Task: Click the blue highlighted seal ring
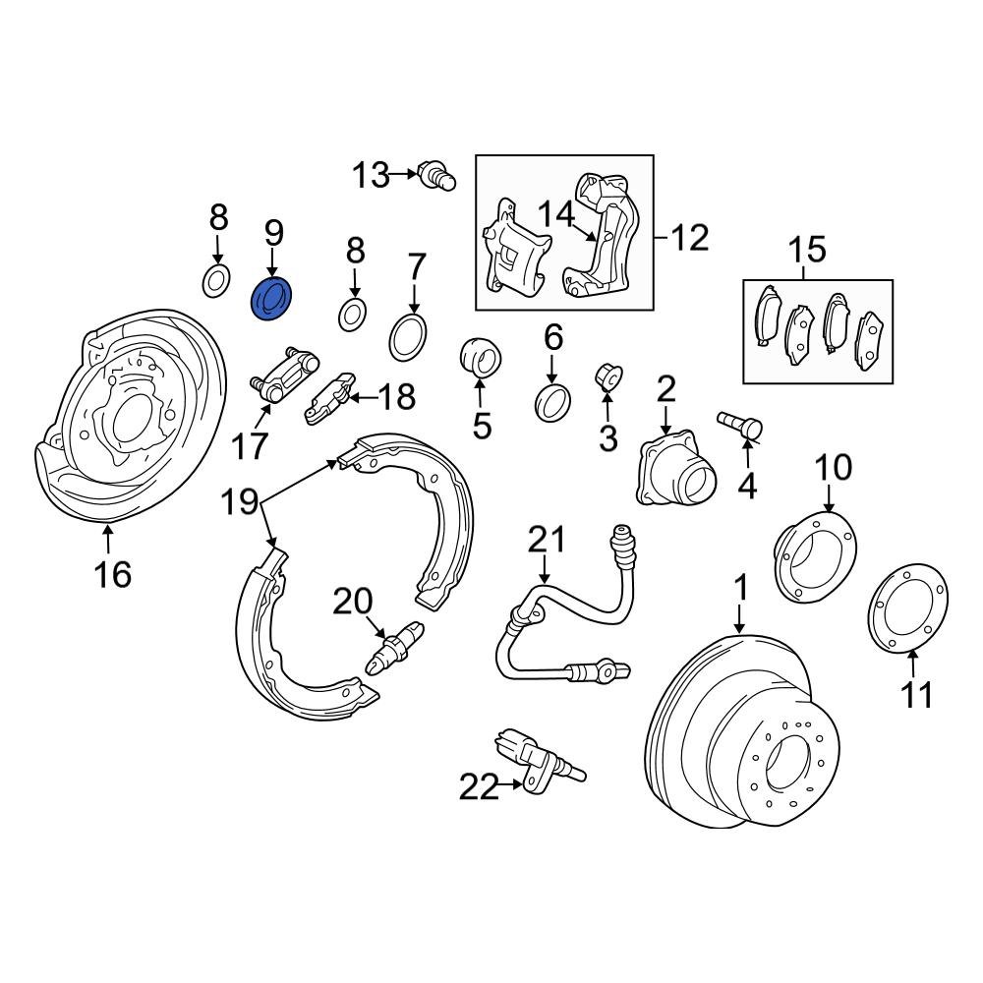[272, 299]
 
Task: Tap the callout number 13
[372, 176]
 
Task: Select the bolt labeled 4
[739, 425]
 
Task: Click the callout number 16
[114, 573]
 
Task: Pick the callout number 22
[480, 786]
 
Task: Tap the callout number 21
[548, 539]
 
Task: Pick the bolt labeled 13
[436, 176]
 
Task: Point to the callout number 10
[834, 466]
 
